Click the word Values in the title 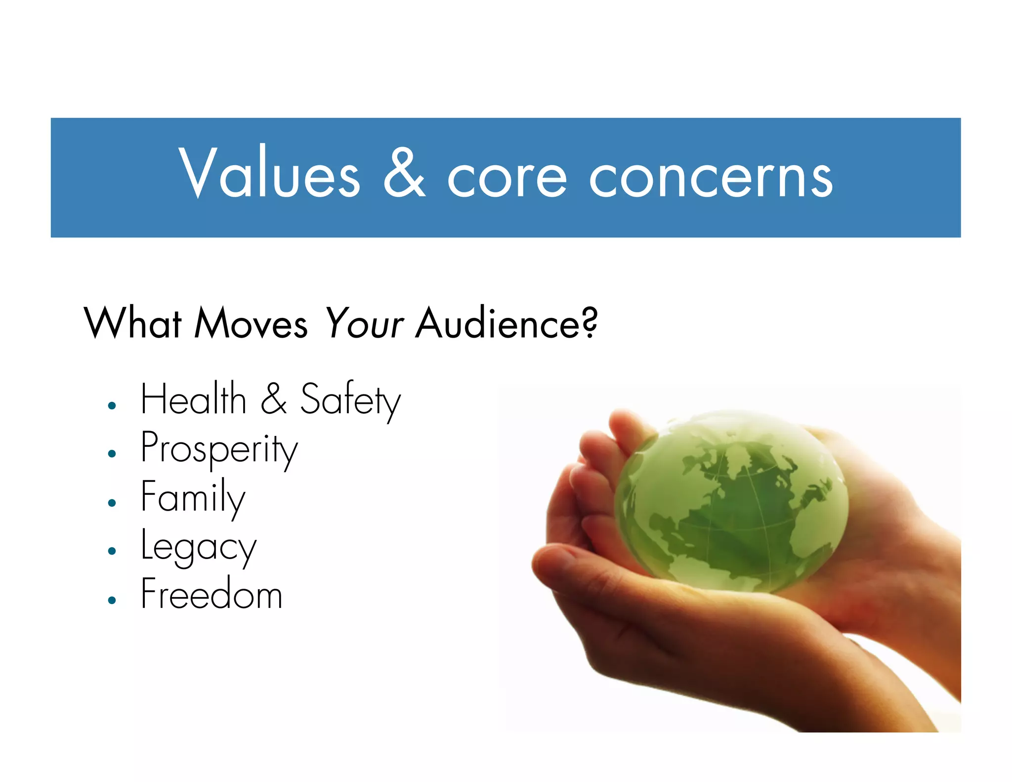(x=270, y=173)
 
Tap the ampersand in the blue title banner (x=404, y=173)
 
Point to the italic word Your (x=365, y=324)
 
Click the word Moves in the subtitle (x=251, y=324)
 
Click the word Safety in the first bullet (x=350, y=400)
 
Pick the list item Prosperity (x=219, y=449)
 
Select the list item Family (x=193, y=497)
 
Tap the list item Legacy (x=199, y=547)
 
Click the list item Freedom (x=211, y=594)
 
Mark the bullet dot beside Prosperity (x=112, y=454)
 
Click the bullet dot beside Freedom (x=112, y=600)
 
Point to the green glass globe (x=731, y=502)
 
